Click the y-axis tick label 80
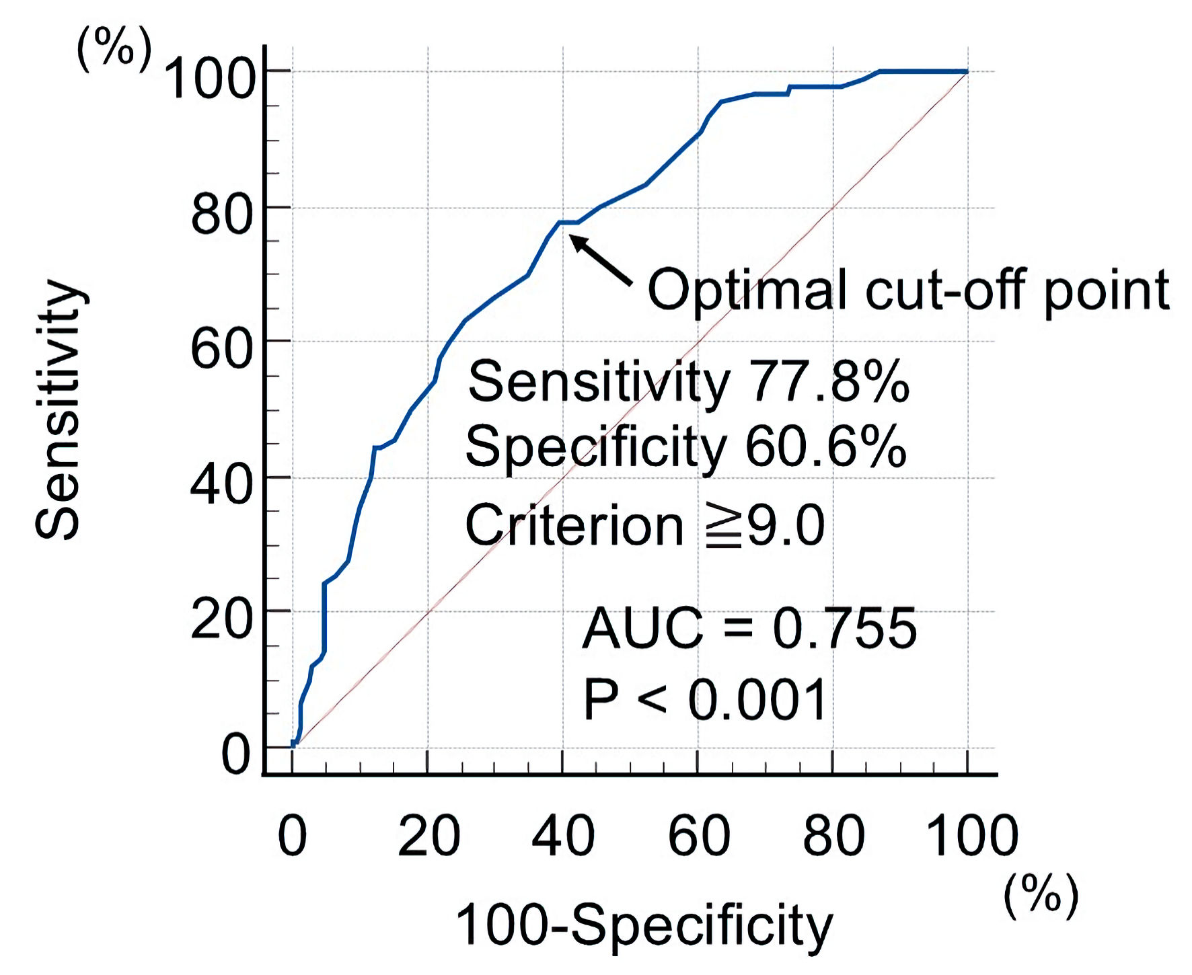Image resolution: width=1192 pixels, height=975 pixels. point(221,214)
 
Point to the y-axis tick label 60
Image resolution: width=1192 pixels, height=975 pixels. point(221,348)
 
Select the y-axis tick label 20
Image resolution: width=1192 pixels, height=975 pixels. point(221,619)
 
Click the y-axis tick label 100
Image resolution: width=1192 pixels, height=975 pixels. point(210,79)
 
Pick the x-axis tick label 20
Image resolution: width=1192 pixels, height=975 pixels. point(429,836)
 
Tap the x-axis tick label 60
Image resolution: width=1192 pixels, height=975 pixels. point(699,836)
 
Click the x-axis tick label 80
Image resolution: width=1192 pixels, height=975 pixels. point(833,836)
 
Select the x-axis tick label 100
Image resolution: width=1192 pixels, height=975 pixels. point(972,836)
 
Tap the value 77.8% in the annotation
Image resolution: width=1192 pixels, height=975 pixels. point(829,382)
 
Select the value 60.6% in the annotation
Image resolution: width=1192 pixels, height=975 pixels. point(826,446)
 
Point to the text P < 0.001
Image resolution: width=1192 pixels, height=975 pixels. point(704,700)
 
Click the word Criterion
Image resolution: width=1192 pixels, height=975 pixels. point(574,525)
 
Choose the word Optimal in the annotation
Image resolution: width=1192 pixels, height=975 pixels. point(746,290)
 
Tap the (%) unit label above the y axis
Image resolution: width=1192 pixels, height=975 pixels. point(114,50)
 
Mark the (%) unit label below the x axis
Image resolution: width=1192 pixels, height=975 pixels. point(1041,896)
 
